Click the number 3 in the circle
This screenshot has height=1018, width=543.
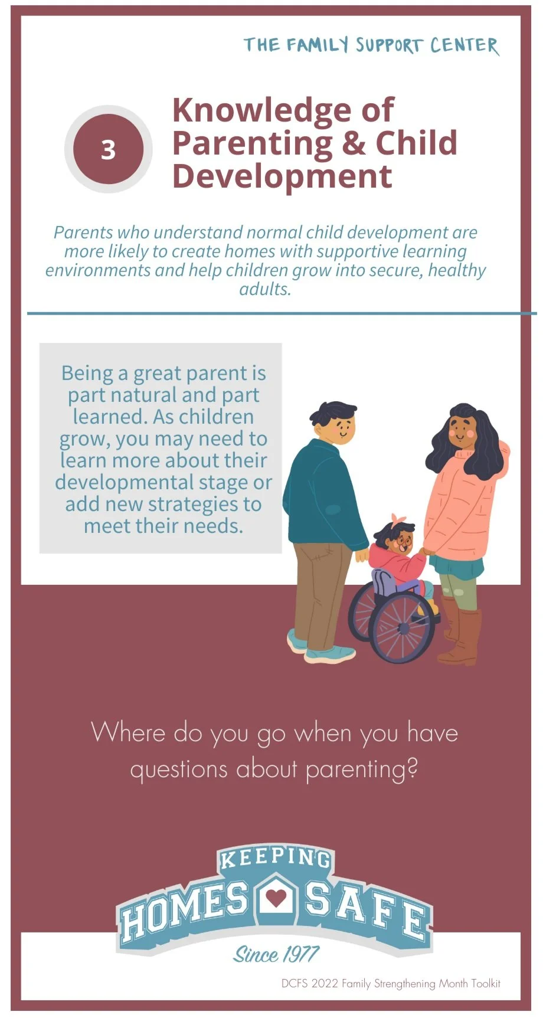[x=108, y=150]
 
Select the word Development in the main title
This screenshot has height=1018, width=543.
[x=282, y=176]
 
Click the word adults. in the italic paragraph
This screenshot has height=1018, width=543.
[x=265, y=289]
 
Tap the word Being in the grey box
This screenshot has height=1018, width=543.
[x=87, y=373]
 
